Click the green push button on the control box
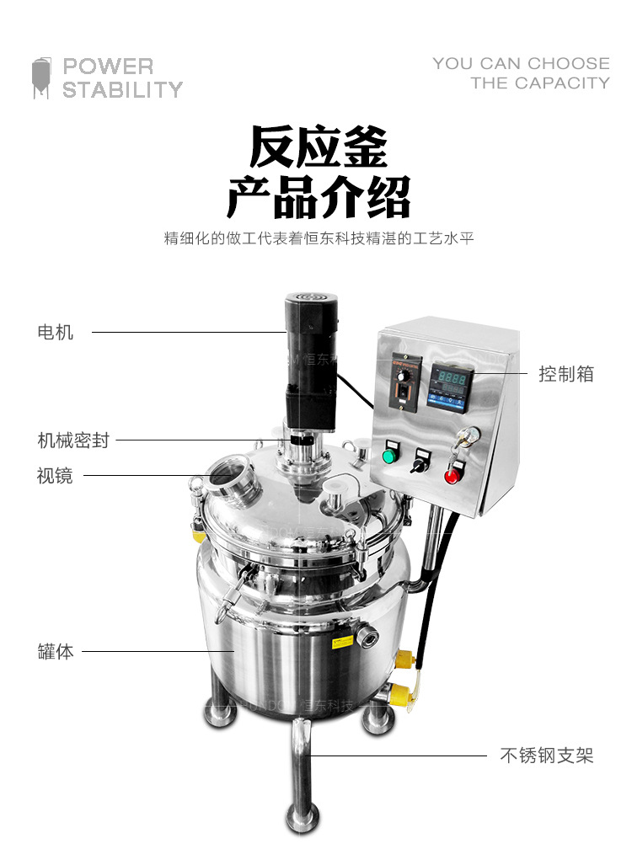(x=388, y=456)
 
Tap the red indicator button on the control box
(x=452, y=475)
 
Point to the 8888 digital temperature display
(x=453, y=380)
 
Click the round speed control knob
(x=408, y=376)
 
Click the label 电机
(x=56, y=333)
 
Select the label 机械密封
(x=73, y=440)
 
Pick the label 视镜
(x=55, y=476)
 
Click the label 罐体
(x=56, y=652)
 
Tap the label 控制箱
(x=566, y=374)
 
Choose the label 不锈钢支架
(x=547, y=756)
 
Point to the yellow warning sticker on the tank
(x=340, y=644)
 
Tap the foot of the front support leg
(x=303, y=817)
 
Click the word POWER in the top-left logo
(x=108, y=67)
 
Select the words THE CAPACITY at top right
(x=540, y=83)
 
